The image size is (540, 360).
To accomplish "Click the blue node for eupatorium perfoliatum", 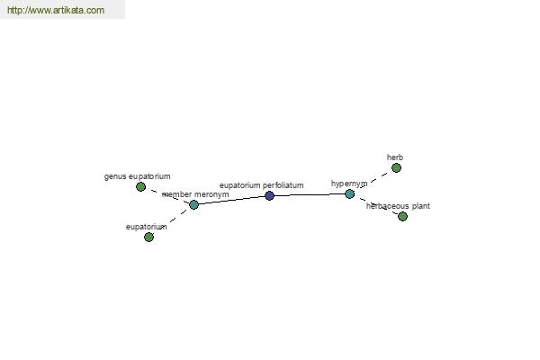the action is click(x=270, y=195).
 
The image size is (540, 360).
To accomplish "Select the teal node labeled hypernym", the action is click(x=349, y=194).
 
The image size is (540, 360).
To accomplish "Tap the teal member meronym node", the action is click(x=193, y=204).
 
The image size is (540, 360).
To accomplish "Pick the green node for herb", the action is click(x=396, y=167).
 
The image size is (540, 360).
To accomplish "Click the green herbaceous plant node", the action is click(x=402, y=216).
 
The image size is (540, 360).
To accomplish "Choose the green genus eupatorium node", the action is click(x=140, y=186).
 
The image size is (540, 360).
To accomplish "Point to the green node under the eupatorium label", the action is click(x=148, y=237).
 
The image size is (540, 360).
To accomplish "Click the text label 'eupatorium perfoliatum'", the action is click(x=262, y=185).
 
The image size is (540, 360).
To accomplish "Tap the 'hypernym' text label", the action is click(x=349, y=184).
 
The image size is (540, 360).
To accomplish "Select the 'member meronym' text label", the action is click(x=195, y=194).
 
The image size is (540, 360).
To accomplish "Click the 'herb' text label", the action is click(x=395, y=157).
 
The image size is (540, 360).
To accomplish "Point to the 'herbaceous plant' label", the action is click(x=398, y=206).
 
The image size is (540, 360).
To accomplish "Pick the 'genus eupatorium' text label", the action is click(x=137, y=176).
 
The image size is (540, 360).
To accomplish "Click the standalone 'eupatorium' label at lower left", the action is click(x=147, y=227).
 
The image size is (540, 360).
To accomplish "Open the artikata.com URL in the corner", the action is click(x=56, y=10).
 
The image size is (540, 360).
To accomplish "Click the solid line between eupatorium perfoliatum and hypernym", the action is click(x=310, y=195).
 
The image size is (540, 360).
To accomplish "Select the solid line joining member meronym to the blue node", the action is click(x=232, y=200).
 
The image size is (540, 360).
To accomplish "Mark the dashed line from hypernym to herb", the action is click(x=373, y=181).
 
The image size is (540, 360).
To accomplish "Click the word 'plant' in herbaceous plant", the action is click(x=421, y=206).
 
